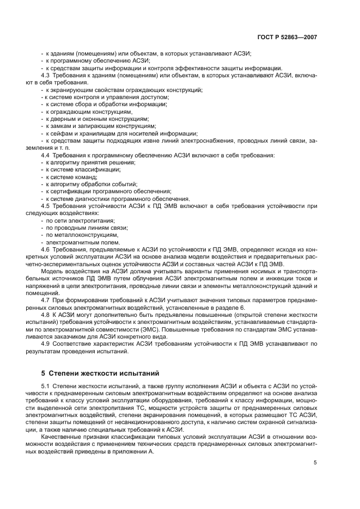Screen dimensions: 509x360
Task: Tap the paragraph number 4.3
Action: (x=46, y=75)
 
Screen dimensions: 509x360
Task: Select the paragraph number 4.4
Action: (x=46, y=155)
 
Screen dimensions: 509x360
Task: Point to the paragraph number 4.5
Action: (x=46, y=206)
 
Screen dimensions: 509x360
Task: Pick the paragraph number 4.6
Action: (x=46, y=248)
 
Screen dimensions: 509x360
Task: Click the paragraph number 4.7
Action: (x=46, y=299)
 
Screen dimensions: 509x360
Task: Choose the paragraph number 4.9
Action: (x=46, y=344)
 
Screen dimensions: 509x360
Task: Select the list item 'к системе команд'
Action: (x=71, y=177)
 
